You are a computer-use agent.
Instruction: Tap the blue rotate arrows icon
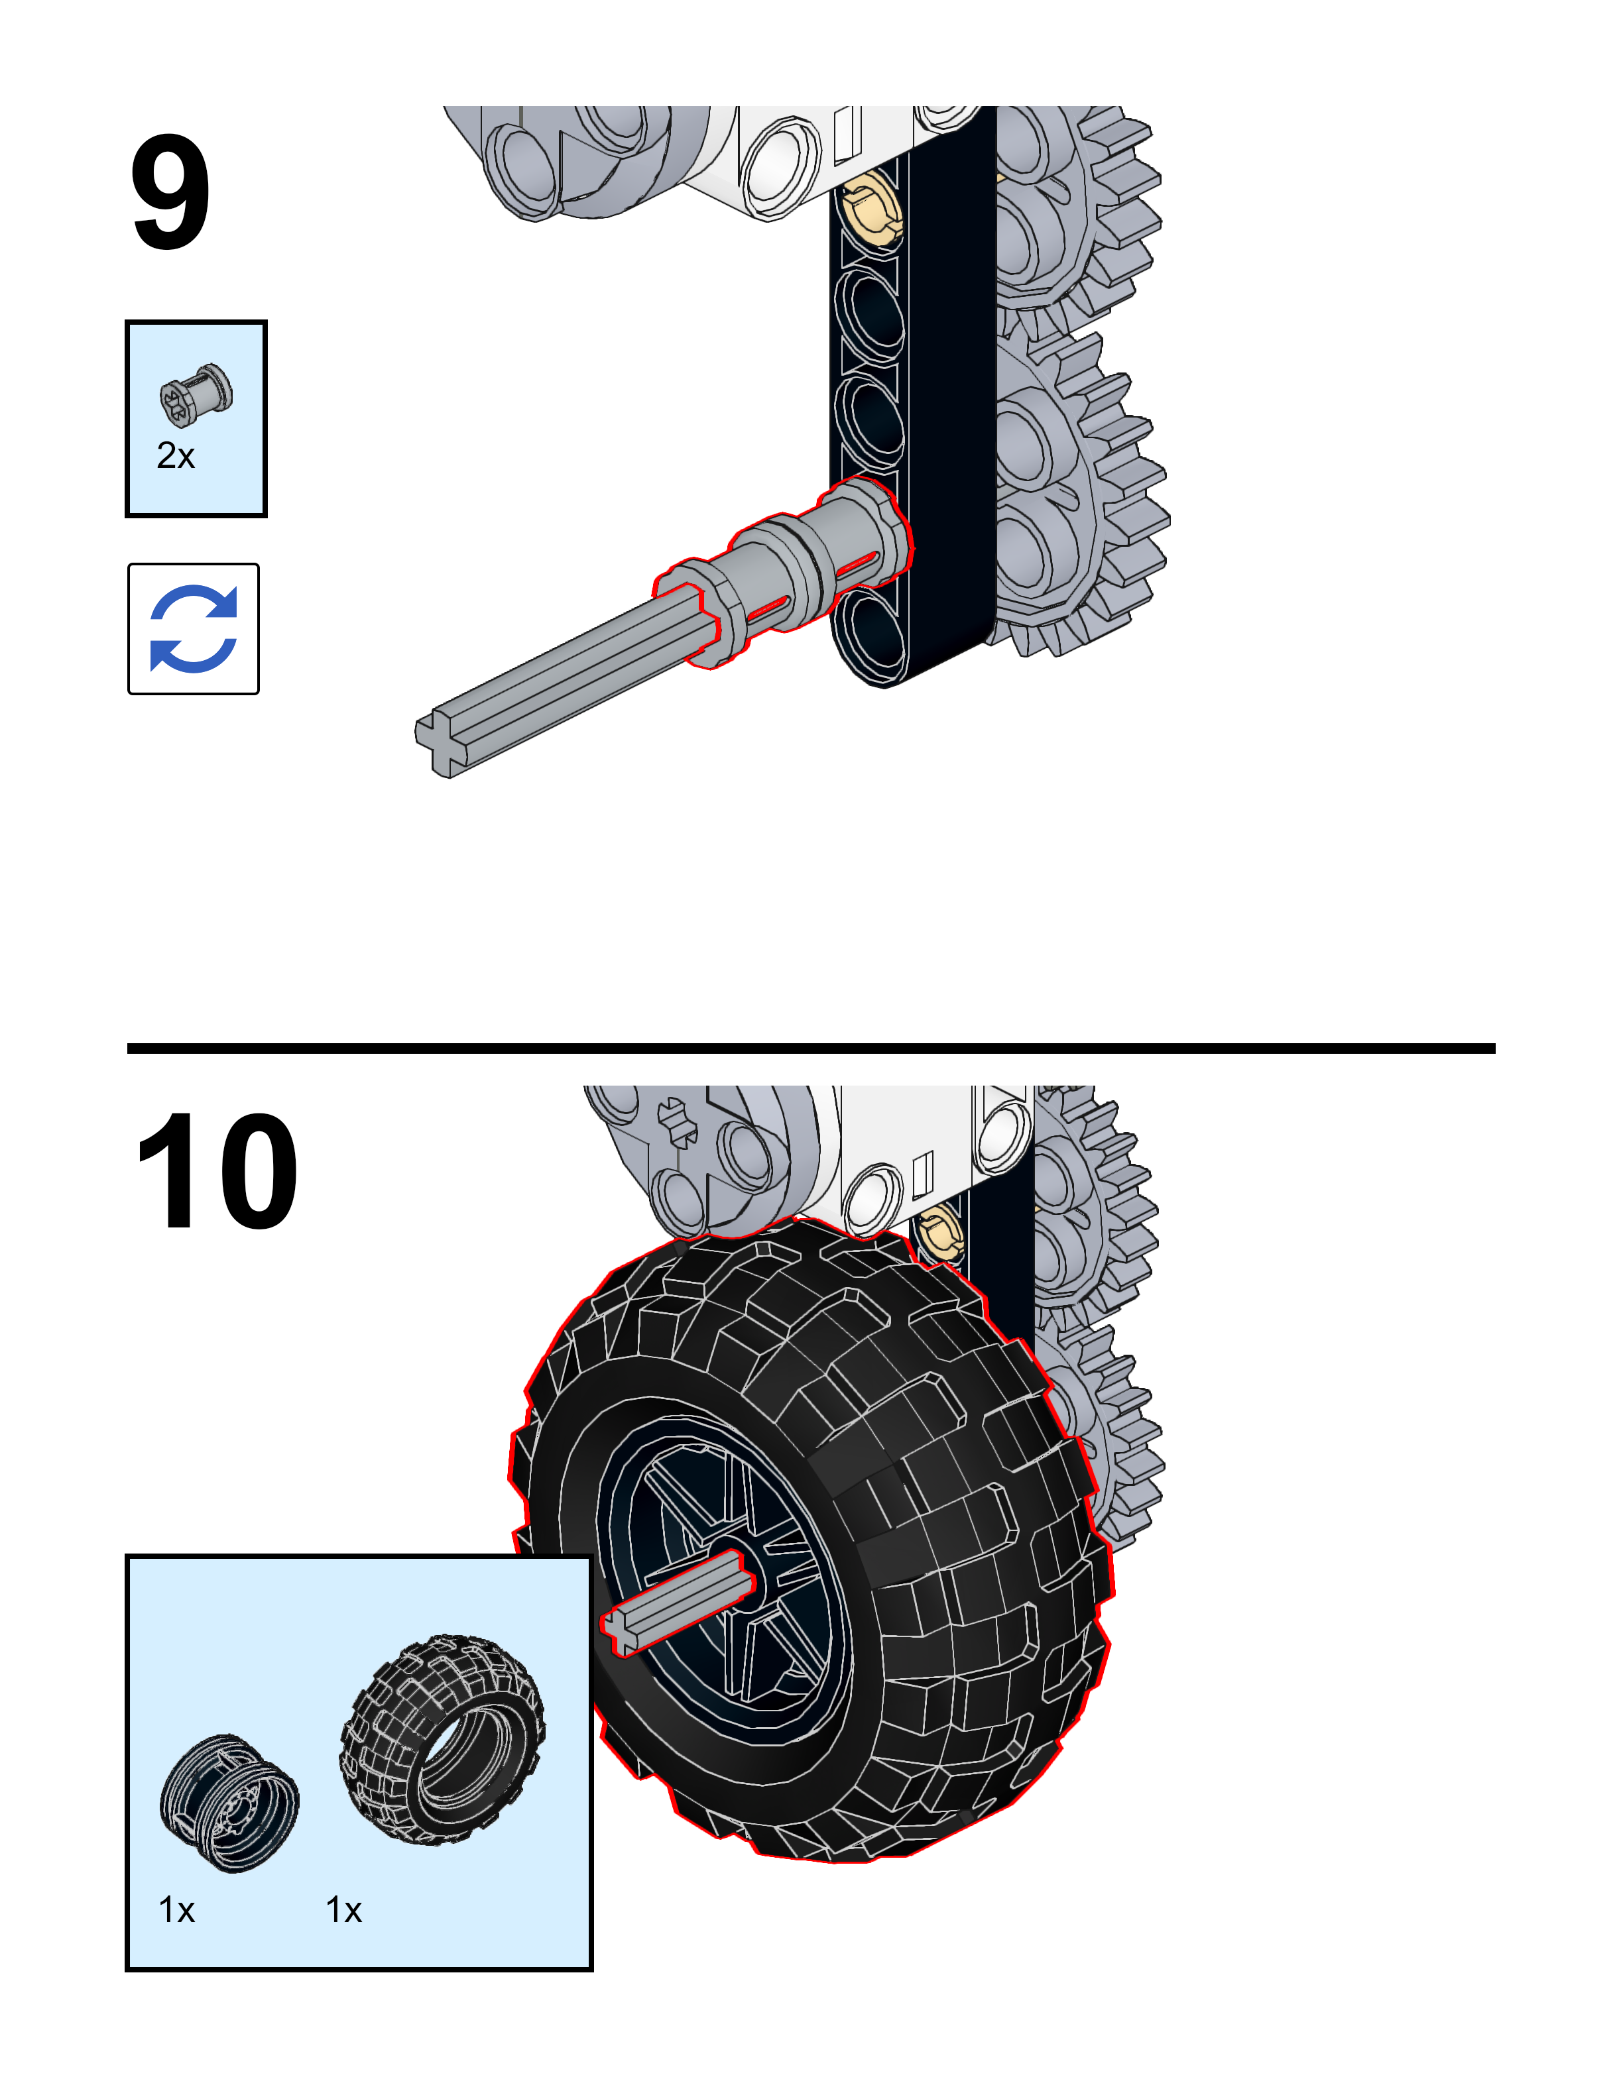[193, 629]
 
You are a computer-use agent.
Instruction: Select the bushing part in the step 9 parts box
[196, 394]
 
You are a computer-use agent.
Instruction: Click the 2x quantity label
[176, 455]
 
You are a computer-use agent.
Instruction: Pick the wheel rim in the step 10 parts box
[229, 1802]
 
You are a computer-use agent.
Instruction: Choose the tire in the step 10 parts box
[443, 1739]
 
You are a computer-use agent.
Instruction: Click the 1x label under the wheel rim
[177, 1910]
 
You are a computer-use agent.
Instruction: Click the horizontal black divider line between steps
[811, 1048]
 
